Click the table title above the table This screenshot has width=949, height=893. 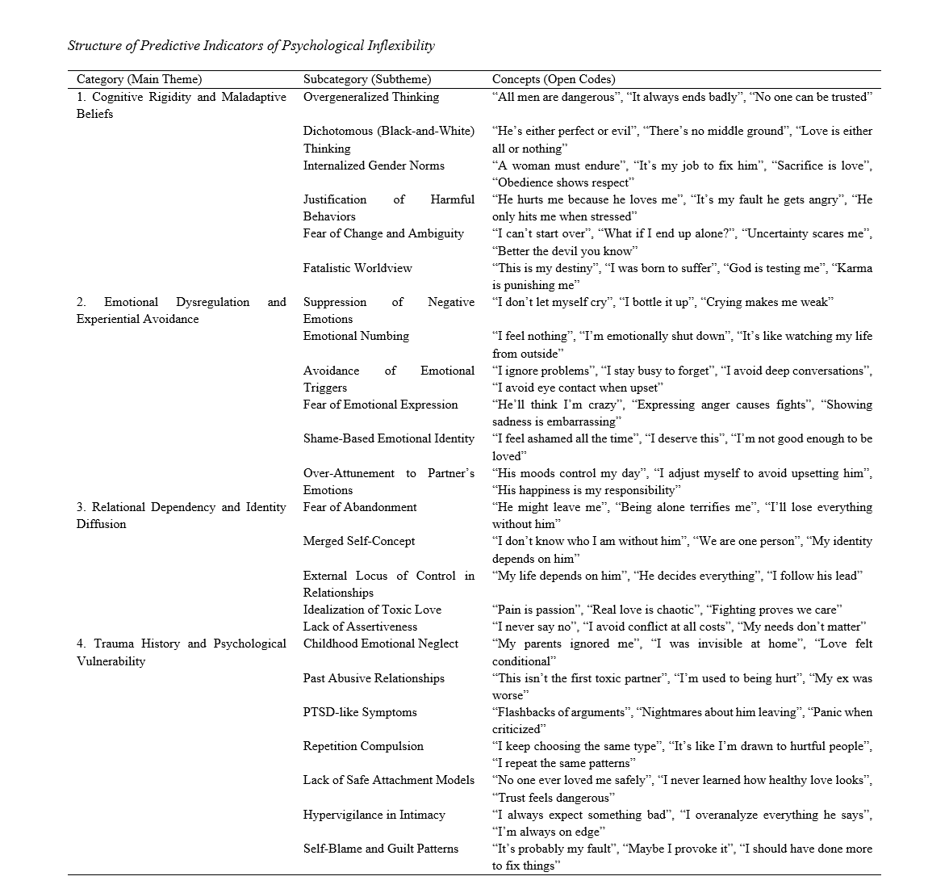click(251, 45)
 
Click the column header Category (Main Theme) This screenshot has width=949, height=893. click(139, 79)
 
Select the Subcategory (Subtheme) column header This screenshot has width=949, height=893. click(367, 79)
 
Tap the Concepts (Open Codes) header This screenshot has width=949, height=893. click(554, 79)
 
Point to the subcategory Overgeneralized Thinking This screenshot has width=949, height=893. click(371, 97)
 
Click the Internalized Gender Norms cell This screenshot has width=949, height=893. click(374, 166)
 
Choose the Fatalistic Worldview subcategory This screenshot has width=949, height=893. click(357, 268)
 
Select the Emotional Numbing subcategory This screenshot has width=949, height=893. click(356, 336)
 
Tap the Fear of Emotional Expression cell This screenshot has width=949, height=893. click(380, 405)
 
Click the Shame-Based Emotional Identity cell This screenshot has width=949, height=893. click(389, 438)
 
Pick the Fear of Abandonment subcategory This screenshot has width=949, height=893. click(360, 507)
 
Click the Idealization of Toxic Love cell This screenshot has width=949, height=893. click(372, 610)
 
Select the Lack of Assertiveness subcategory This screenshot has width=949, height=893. click(360, 627)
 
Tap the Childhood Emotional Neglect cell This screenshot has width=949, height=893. click(381, 644)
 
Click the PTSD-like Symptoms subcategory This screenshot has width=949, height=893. click(360, 712)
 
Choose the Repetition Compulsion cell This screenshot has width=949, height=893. click(363, 746)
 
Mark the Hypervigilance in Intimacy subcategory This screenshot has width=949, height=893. click(374, 815)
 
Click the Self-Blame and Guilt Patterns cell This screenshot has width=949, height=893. click(381, 849)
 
